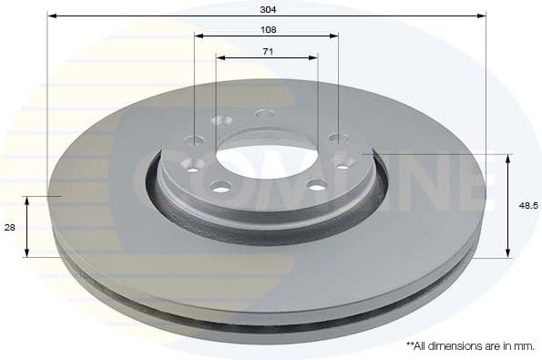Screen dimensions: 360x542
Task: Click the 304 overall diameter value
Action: (267, 8)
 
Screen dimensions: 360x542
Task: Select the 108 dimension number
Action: (267, 29)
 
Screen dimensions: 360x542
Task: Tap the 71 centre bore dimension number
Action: (267, 51)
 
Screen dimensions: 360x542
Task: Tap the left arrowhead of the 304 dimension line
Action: (52, 15)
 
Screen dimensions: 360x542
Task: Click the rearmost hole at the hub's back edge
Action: (265, 113)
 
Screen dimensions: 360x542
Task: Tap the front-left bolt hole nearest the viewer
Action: (220, 188)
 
